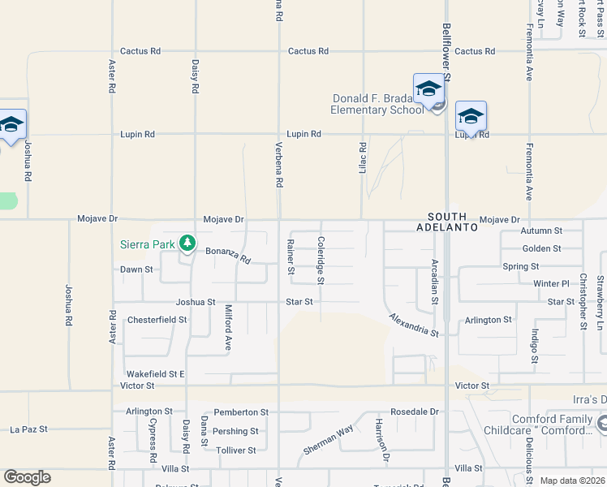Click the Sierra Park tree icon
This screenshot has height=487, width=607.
187,243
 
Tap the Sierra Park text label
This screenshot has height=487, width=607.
148,243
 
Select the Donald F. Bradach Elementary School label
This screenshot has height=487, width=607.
378,104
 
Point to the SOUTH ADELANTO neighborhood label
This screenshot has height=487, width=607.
447,222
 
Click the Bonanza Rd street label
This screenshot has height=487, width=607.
228,256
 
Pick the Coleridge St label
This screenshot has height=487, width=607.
321,260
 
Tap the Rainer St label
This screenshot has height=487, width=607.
290,256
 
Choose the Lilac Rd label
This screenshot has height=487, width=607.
363,157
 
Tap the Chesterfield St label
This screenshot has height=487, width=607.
157,320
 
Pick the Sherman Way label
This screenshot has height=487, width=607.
328,440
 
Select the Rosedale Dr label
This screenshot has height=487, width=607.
414,412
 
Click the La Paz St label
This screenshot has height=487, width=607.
28,429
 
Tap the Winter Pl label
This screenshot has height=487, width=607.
551,283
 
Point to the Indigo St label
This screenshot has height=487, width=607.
534,346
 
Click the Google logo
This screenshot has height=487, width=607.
27,477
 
